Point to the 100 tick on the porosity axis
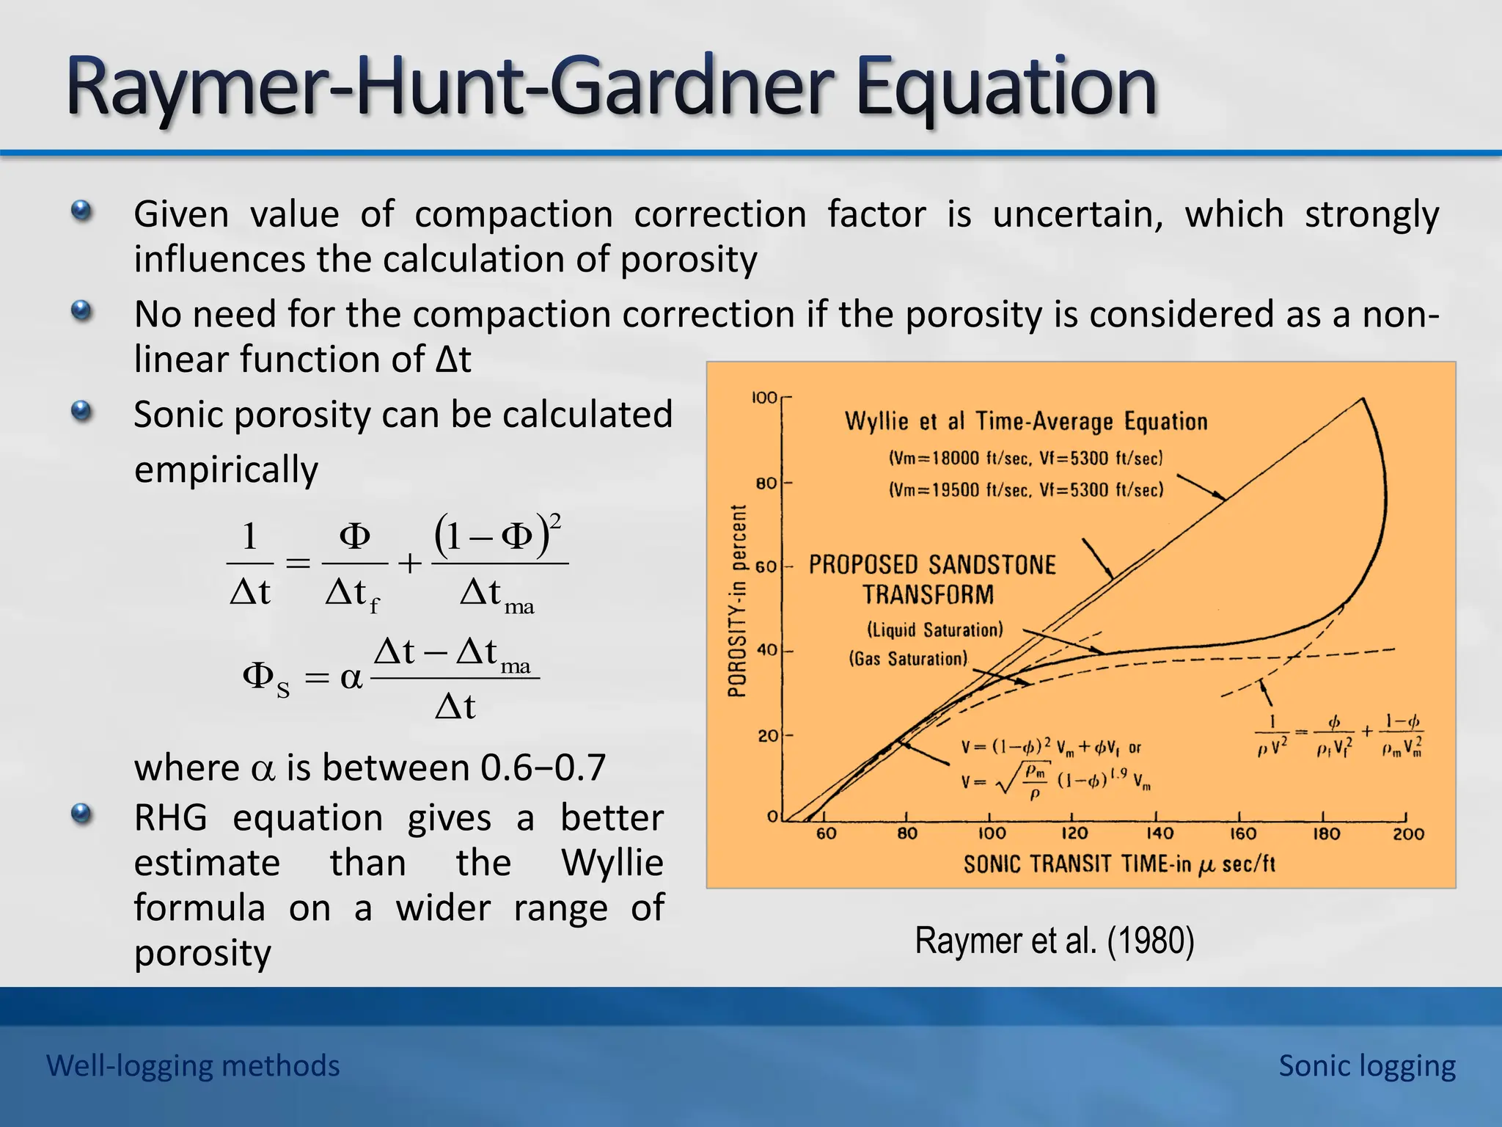coord(764,398)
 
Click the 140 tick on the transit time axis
coord(1160,834)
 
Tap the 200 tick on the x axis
coord(1408,834)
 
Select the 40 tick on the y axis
coord(766,650)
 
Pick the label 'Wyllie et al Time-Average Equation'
coord(1026,421)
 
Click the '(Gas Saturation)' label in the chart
coord(908,658)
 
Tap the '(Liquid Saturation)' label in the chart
coord(934,630)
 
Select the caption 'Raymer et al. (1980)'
coord(1055,941)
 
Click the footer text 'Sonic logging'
coord(1367,1065)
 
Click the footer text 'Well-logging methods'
coord(193,1065)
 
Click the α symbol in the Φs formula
coord(351,677)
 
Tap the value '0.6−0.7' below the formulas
coord(543,767)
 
